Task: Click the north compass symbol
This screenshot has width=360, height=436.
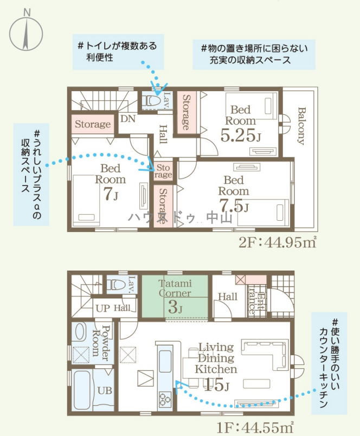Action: pos(26,30)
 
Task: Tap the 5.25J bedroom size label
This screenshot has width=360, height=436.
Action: pos(241,136)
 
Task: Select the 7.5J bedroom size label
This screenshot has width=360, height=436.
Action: pos(234,206)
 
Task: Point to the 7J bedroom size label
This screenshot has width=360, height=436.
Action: pos(111,194)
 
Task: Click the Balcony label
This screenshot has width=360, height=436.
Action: pos(301,126)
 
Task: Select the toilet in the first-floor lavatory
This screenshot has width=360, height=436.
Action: pos(116,285)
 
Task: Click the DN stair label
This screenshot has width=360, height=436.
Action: pos(128,119)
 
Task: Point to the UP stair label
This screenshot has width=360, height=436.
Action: pos(102,309)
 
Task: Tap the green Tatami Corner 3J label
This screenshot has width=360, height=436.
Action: pos(175,296)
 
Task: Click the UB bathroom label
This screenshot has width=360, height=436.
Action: pos(105,390)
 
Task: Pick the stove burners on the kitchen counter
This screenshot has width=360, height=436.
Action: pos(165,399)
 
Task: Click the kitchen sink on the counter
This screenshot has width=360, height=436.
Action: pos(165,361)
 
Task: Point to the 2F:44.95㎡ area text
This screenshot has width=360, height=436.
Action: pos(278,243)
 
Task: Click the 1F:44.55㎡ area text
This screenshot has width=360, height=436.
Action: pos(255,428)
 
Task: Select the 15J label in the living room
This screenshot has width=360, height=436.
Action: pos(216,385)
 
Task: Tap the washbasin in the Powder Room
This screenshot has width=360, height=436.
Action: pos(80,332)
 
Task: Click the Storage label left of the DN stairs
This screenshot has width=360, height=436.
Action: pos(93,124)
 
